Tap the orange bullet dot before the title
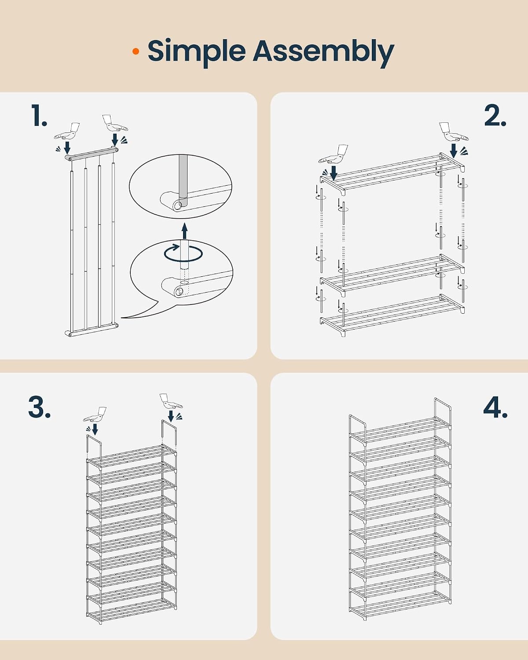136,51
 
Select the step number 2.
495,115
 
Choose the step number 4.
495,407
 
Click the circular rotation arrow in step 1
183,253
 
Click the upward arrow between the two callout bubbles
184,231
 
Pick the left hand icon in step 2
334,154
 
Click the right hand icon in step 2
454,132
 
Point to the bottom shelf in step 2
392,315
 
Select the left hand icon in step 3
95,414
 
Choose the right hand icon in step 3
171,401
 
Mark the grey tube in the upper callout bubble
183,181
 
